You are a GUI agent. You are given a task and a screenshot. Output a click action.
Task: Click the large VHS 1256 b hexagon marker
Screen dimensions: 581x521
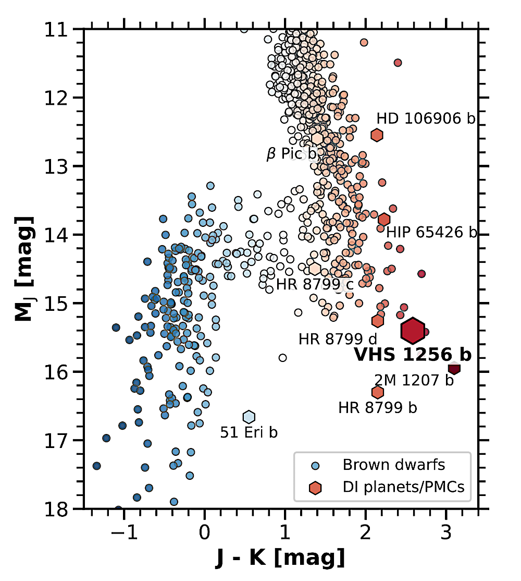tap(412, 330)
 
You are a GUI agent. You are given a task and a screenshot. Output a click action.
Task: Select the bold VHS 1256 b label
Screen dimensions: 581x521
tap(413, 355)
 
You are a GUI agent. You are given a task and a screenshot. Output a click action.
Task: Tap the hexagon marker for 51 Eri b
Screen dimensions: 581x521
tap(249, 417)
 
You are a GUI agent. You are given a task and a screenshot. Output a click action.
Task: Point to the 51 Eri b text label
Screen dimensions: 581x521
tap(249, 432)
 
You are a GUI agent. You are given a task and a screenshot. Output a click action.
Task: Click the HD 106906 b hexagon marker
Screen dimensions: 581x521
tap(377, 135)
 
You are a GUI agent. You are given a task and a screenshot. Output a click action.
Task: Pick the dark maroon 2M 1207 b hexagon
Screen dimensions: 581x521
tap(454, 368)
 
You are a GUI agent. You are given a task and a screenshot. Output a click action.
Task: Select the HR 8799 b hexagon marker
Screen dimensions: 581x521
tap(378, 392)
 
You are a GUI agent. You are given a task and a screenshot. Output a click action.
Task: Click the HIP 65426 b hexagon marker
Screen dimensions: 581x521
tap(384, 220)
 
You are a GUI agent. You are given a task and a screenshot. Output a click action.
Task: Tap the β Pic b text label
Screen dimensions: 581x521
tap(291, 154)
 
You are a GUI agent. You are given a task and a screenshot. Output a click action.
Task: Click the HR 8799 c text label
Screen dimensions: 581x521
tap(307, 285)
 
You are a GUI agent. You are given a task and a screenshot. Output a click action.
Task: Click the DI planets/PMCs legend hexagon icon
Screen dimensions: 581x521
tap(315, 488)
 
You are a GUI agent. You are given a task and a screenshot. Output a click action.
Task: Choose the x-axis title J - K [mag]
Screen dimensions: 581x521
tap(280, 559)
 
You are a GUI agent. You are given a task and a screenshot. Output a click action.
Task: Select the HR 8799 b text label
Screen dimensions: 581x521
tap(377, 407)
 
